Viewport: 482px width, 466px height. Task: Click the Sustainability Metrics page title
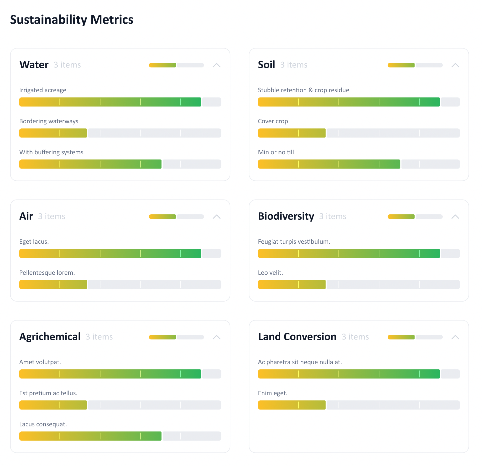pyautogui.click(x=72, y=20)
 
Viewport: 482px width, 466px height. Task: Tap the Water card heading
pyautogui.click(x=34, y=65)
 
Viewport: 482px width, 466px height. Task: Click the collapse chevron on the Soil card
pyautogui.click(x=455, y=65)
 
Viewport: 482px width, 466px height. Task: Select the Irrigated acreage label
pyautogui.click(x=43, y=90)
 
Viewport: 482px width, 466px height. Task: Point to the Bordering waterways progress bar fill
pyautogui.click(x=53, y=133)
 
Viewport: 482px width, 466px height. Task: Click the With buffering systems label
pyautogui.click(x=51, y=152)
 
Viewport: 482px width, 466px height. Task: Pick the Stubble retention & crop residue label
pyautogui.click(x=303, y=90)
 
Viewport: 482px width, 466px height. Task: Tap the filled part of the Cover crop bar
pyautogui.click(x=292, y=133)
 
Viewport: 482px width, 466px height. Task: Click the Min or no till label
pyautogui.click(x=276, y=152)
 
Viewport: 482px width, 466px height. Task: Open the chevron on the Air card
pyautogui.click(x=216, y=217)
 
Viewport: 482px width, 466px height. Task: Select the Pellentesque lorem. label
pyautogui.click(x=47, y=273)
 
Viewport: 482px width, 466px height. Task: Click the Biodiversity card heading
pyautogui.click(x=286, y=216)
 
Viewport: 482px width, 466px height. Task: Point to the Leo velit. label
pyautogui.click(x=270, y=273)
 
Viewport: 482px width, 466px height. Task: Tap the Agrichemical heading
pyautogui.click(x=50, y=337)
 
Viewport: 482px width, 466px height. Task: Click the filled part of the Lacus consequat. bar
pyautogui.click(x=90, y=436)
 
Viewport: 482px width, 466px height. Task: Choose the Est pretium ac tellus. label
pyautogui.click(x=48, y=393)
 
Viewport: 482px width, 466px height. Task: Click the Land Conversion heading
pyautogui.click(x=297, y=337)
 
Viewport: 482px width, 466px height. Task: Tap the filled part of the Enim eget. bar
pyautogui.click(x=292, y=405)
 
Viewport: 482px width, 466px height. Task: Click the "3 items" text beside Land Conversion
pyautogui.click(x=355, y=337)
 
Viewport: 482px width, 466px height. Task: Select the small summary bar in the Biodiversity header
pyautogui.click(x=415, y=217)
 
